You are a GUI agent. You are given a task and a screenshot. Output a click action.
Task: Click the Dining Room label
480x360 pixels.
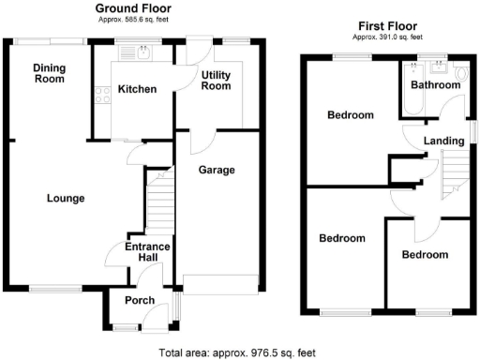tap(49, 73)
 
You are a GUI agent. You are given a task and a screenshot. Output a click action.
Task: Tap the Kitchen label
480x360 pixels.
tap(136, 90)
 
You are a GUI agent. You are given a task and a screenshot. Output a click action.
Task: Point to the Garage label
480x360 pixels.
tap(216, 170)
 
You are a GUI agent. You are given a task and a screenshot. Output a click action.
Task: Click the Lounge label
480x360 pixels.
tap(67, 198)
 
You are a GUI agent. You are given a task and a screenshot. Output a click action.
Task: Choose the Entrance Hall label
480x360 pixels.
tap(147, 252)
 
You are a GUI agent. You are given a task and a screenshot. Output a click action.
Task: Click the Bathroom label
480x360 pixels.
tap(436, 84)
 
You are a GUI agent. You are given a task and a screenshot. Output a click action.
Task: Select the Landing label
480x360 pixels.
tap(443, 141)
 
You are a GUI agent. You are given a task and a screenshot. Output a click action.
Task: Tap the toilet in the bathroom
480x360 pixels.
tap(459, 70)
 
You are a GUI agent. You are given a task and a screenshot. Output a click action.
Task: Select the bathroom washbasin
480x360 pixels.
tap(436, 67)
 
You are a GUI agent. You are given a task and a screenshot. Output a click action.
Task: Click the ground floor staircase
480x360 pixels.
tap(159, 202)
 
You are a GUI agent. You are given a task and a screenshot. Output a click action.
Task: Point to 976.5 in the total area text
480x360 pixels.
tap(274, 353)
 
